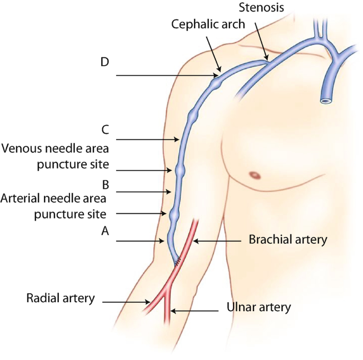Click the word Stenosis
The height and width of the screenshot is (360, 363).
(x=261, y=7)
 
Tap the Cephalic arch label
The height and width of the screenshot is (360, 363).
(x=208, y=24)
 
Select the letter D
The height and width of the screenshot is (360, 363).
(x=104, y=62)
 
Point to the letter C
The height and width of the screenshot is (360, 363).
(x=105, y=130)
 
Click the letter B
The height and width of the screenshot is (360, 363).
(x=105, y=185)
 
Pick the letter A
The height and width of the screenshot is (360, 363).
(x=105, y=231)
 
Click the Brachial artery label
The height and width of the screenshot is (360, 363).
(x=288, y=240)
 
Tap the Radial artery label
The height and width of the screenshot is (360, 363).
(x=60, y=298)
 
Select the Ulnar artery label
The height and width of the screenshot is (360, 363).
(x=259, y=307)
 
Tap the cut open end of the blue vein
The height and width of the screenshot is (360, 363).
(x=326, y=101)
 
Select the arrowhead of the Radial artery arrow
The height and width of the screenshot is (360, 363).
(x=147, y=302)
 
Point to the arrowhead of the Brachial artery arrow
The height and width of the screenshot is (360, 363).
(x=196, y=241)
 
